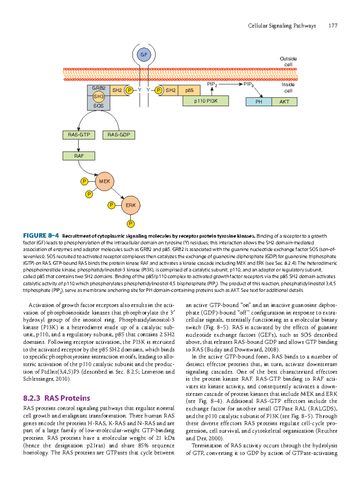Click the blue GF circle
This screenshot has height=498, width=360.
click(144, 55)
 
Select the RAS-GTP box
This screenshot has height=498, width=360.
click(79, 135)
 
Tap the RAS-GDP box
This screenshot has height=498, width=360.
click(119, 135)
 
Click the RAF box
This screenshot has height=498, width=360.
click(79, 156)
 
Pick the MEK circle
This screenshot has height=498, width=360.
click(104, 181)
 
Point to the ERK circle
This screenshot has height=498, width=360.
click(130, 205)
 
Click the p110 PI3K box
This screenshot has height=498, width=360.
click(205, 101)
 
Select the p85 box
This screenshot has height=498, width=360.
click(189, 90)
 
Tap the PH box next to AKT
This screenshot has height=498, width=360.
click(259, 102)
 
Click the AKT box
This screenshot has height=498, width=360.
click(284, 102)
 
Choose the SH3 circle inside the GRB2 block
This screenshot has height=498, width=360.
click(98, 97)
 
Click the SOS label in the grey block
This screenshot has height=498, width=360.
click(98, 106)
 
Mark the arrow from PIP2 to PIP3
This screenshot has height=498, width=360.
click(229, 85)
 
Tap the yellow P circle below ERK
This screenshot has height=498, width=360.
click(130, 224)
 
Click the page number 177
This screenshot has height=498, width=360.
click(333, 26)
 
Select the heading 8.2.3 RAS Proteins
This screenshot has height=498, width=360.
click(56, 398)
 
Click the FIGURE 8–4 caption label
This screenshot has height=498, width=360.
click(41, 236)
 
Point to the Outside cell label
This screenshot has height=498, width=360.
click(288, 61)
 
